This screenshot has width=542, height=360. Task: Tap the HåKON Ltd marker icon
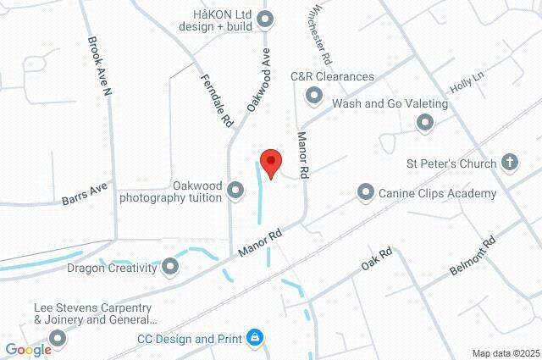[265, 18]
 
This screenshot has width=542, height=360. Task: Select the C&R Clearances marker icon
[313, 97]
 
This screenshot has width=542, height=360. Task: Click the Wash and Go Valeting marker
[425, 124]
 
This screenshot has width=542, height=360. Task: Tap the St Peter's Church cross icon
[509, 162]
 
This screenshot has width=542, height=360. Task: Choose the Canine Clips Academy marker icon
[366, 193]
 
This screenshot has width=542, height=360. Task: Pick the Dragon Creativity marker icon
[170, 268]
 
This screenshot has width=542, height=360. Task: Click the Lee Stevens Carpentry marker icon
[58, 339]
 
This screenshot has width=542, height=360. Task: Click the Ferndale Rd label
[217, 100]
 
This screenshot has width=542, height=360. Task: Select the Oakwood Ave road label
[259, 80]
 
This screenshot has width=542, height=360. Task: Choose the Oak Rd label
[376, 259]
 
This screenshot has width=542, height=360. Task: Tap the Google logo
[28, 349]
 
